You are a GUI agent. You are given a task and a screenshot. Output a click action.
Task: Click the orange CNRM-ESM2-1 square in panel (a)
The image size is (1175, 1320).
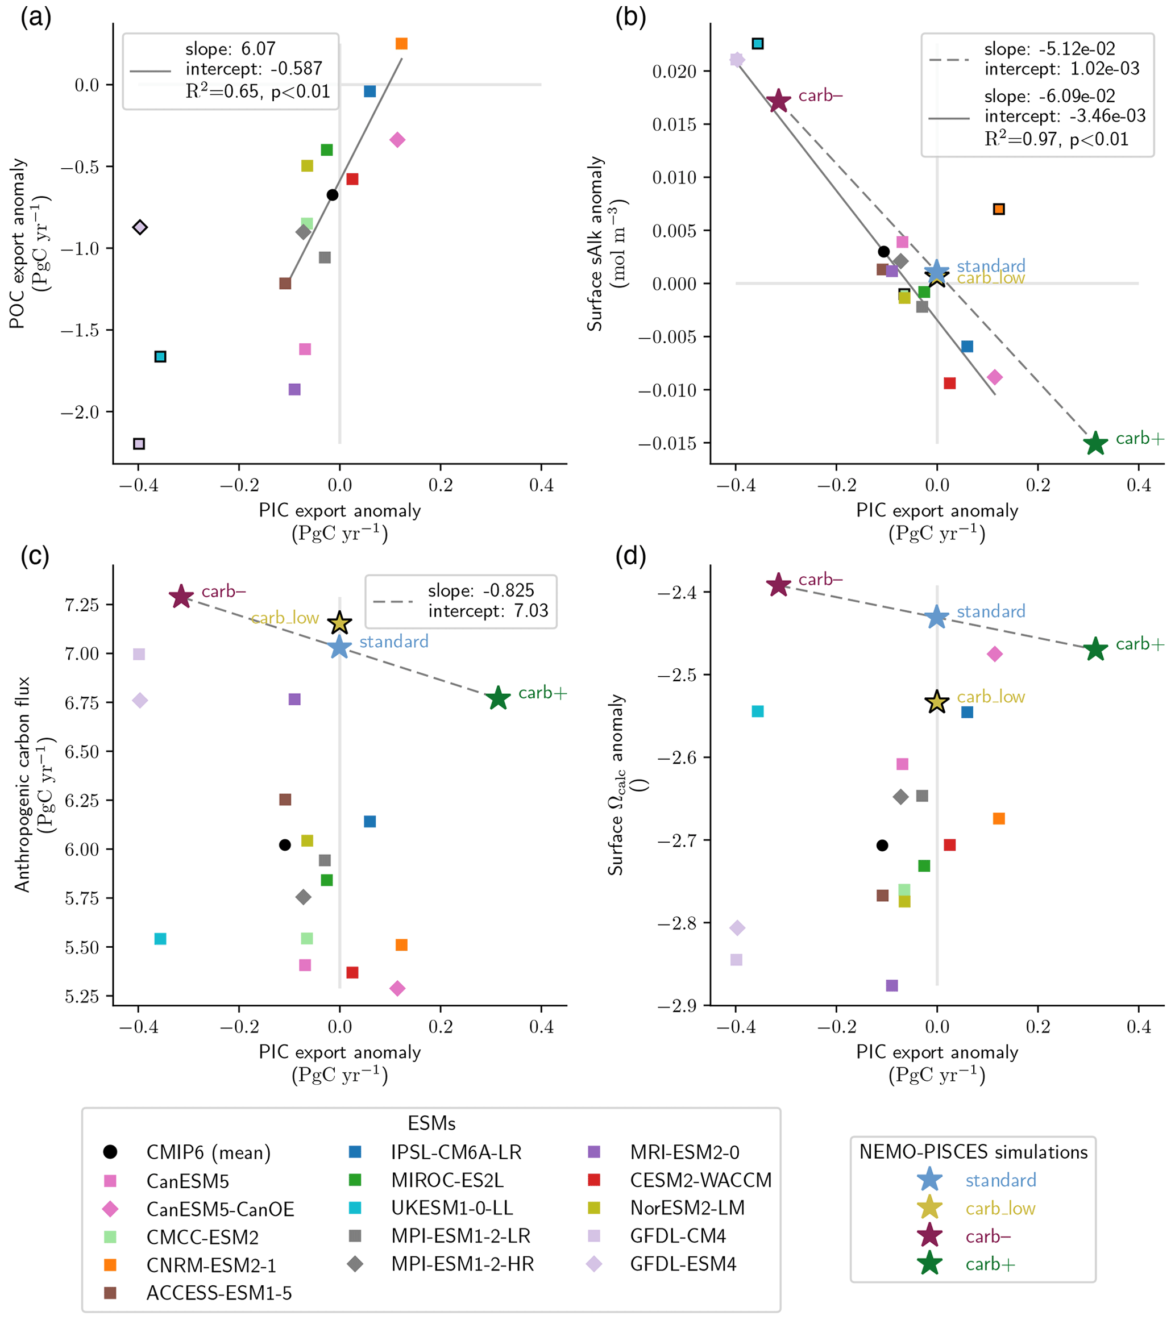pyautogui.click(x=401, y=44)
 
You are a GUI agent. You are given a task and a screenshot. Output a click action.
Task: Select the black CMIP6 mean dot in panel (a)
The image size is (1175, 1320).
pyautogui.click(x=332, y=195)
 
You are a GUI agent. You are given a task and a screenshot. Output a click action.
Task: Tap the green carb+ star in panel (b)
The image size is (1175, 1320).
pyautogui.click(x=1095, y=444)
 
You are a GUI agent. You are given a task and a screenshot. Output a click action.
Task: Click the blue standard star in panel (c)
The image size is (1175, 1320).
pyautogui.click(x=340, y=647)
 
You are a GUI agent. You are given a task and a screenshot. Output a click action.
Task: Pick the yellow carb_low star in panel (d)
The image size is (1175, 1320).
pyautogui.click(x=937, y=701)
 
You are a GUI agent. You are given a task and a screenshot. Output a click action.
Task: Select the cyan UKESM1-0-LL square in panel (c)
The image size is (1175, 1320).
pyautogui.click(x=160, y=938)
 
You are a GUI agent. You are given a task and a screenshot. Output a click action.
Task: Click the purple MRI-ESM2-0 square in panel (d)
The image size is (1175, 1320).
pyautogui.click(x=892, y=985)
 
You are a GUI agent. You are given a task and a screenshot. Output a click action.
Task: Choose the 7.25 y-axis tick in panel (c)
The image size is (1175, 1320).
pyautogui.click(x=81, y=605)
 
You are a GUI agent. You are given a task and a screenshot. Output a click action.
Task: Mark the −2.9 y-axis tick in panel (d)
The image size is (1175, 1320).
pyautogui.click(x=677, y=1006)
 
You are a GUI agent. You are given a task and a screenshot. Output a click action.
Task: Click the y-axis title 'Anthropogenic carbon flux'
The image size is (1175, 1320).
pyautogui.click(x=23, y=784)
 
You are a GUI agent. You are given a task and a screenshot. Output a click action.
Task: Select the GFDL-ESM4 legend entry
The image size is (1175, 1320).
pyautogui.click(x=683, y=1264)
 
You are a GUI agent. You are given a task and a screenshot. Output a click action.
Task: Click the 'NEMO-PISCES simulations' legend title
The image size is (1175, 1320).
pyautogui.click(x=973, y=1151)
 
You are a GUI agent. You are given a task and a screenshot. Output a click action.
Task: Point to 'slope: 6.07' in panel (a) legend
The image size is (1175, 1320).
pyautogui.click(x=230, y=49)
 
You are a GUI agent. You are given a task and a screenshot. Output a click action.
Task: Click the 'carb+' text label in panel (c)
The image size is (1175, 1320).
pyautogui.click(x=543, y=693)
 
